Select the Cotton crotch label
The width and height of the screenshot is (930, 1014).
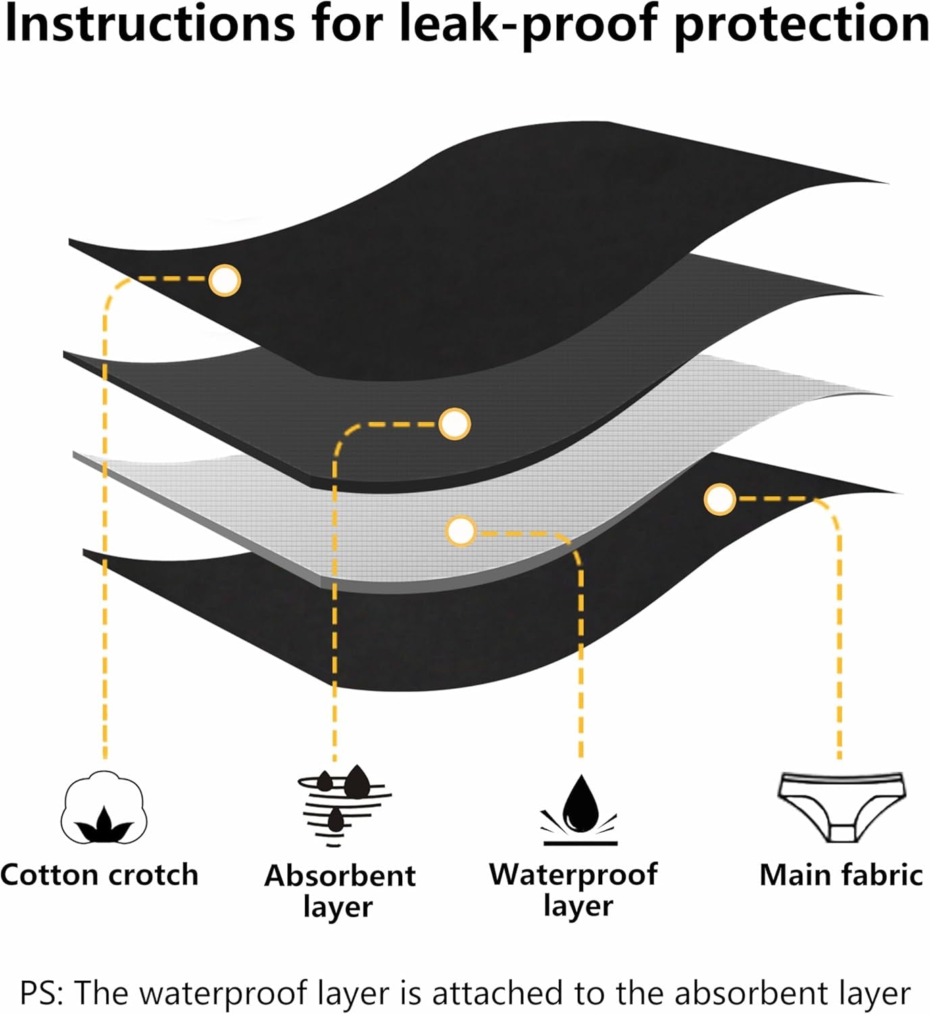pos(99,875)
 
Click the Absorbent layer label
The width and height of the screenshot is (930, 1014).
pos(339,890)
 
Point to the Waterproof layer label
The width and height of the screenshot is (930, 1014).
pos(574,889)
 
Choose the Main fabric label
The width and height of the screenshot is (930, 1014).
pos(841,875)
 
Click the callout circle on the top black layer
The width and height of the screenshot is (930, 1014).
pos(224,279)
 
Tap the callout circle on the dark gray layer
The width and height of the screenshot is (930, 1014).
pos(454,424)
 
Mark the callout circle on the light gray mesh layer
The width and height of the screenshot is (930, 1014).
pos(462,531)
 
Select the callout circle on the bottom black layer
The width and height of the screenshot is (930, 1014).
pos(719,500)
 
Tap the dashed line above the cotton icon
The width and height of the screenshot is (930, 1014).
pos(105,541)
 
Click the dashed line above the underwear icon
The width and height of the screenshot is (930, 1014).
pos(839,642)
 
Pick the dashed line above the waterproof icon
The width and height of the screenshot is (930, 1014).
pos(581,662)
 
